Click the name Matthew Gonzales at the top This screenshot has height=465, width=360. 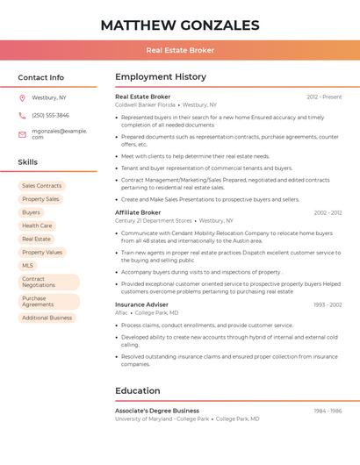180,25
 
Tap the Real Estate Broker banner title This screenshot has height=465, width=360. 180,50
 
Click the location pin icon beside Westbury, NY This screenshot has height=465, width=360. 22,97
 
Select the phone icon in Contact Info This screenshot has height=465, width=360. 22,115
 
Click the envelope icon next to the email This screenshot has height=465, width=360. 22,134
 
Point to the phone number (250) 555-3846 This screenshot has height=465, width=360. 50,115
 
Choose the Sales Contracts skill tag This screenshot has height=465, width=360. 41,186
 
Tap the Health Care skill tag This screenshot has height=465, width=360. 37,225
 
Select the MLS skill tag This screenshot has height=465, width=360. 28,265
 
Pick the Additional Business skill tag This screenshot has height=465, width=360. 47,318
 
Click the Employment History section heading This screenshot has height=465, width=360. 161,77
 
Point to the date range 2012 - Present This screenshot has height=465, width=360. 324,97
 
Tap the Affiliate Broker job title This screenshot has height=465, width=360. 138,212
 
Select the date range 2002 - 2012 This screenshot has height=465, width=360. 328,212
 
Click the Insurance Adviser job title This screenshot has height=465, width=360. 141,304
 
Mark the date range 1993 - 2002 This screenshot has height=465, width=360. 328,304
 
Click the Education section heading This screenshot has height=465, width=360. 137,391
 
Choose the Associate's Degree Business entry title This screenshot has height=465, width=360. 157,411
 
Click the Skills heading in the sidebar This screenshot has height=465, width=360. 27,162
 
